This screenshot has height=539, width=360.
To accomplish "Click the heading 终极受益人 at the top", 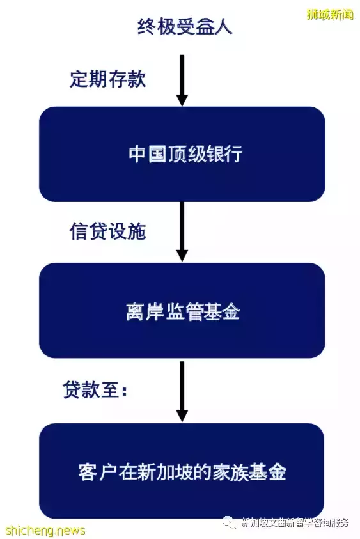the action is (x=185, y=26).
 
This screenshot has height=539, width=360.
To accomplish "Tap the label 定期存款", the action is (x=108, y=79).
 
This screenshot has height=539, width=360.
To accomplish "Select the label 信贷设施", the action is (x=108, y=231).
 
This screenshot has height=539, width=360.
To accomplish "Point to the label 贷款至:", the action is (x=95, y=390).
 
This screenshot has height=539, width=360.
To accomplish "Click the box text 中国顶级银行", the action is (x=185, y=153).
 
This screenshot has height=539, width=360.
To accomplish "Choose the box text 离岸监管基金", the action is (x=183, y=312).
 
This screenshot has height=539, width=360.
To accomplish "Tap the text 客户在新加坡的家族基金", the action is (x=182, y=472).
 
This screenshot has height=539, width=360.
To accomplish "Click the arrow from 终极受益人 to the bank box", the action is (x=182, y=81).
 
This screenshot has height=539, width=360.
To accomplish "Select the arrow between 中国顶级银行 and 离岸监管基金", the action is (x=182, y=231).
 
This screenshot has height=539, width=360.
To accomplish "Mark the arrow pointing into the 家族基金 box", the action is (x=182, y=391).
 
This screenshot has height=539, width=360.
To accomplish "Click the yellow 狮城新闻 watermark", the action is (x=330, y=15).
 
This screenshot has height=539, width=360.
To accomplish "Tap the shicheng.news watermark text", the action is (x=45, y=529).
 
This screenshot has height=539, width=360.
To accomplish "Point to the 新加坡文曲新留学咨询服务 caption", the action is (x=295, y=523).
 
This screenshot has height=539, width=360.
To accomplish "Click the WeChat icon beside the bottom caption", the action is (x=230, y=523).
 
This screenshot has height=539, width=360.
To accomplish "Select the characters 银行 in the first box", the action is (x=224, y=153).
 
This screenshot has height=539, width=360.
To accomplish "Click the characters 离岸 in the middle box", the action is (x=145, y=312).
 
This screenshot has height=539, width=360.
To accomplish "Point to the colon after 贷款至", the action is (x=125, y=391).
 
